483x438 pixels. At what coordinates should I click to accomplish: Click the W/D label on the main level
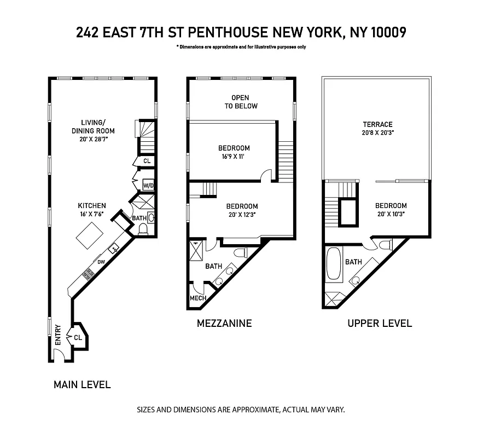tap(148, 186)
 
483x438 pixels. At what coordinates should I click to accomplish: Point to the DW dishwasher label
tap(101, 261)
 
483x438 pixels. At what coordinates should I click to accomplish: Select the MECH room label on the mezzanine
tap(197, 298)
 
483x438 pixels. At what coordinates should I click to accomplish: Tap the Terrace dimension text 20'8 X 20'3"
tap(377, 133)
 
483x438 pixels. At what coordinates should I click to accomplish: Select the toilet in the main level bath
tap(143, 231)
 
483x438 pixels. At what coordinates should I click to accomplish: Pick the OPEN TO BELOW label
tap(241, 102)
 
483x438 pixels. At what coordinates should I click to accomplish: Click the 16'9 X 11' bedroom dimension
tap(234, 157)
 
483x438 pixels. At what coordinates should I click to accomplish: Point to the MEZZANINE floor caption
tap(224, 323)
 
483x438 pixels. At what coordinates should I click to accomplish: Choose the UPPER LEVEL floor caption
tap(380, 323)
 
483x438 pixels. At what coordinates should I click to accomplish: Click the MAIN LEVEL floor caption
tap(82, 384)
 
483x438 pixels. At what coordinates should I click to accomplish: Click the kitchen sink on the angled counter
tap(115, 248)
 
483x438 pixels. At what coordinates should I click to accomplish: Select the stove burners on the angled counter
tap(88, 272)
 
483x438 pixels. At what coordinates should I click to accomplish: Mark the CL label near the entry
tap(78, 337)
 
